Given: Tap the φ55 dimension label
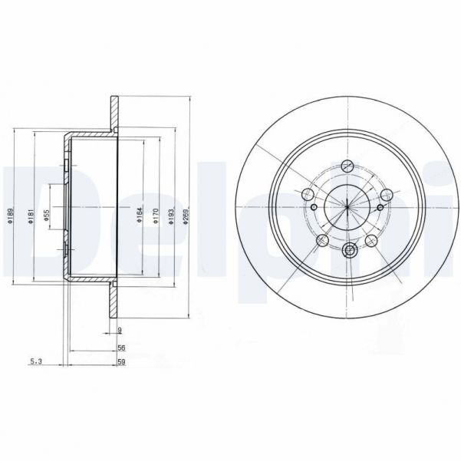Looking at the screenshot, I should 47,217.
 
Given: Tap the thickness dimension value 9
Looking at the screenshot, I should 120,331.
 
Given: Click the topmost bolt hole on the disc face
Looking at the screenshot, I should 347,165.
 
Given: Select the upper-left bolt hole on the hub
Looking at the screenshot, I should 309,193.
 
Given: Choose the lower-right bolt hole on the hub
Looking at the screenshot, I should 372,241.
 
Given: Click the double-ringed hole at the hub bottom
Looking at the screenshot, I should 350,249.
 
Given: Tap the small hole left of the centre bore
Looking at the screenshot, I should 314,206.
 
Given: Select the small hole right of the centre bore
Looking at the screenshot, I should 381,206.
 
